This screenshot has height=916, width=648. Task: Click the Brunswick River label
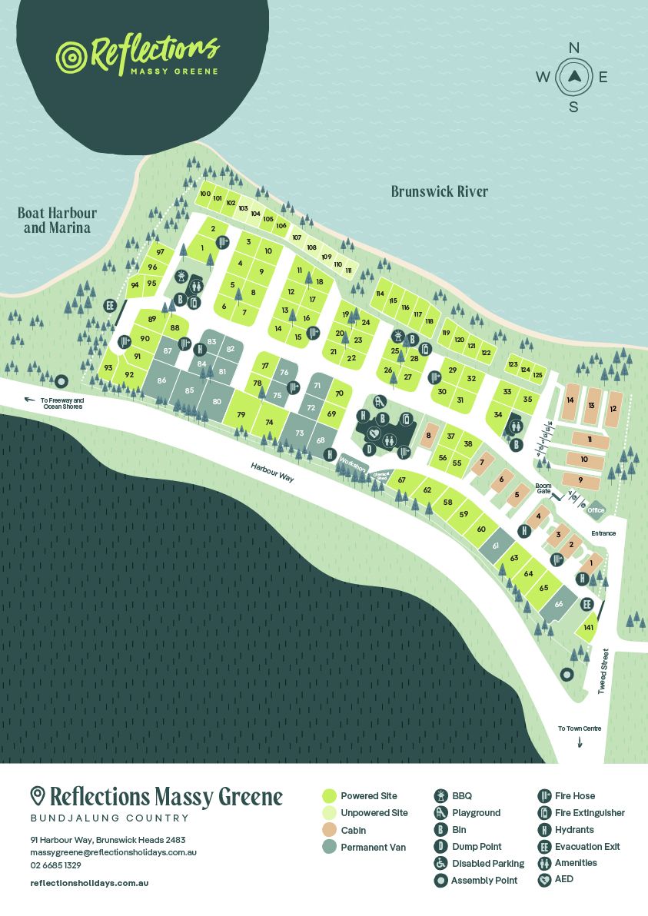coord(439,191)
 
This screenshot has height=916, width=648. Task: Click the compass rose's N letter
coord(573,48)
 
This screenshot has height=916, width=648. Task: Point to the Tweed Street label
coord(603,672)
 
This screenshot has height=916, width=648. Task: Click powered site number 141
coord(588,629)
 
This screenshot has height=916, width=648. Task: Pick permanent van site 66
coord(559,604)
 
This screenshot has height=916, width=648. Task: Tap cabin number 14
coord(570,400)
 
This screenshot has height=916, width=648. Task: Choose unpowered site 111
coord(348,270)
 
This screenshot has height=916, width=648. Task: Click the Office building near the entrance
coord(596,509)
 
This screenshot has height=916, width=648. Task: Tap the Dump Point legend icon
coord(441,847)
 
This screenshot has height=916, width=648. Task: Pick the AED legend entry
coord(545,879)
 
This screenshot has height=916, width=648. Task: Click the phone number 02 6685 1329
coord(56,865)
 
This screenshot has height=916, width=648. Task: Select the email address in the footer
coord(114,853)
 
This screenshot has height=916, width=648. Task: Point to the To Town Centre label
coord(580,728)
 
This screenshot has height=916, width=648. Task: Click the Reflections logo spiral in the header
coord(71,56)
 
